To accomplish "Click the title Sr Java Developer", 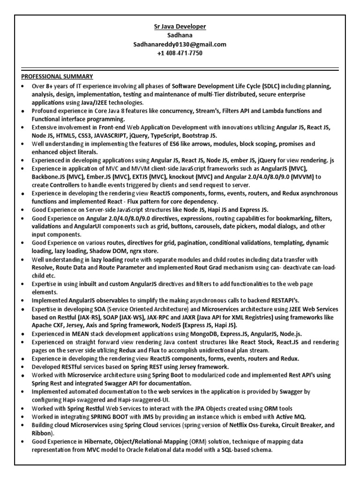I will click(180, 27).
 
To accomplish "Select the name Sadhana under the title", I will click(180, 36).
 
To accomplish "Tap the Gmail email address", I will click(180, 45).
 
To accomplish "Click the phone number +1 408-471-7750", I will click(180, 53).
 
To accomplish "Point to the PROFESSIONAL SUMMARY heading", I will click(57, 76).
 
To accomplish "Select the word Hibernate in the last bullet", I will click(99, 442).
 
